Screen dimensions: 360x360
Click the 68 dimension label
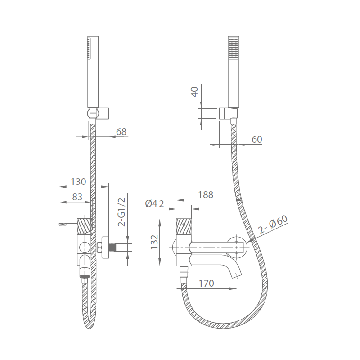(x=121, y=131)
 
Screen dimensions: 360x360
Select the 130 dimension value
(x=78, y=181)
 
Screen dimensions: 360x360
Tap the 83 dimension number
(x=77, y=197)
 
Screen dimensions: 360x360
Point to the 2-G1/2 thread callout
(x=121, y=212)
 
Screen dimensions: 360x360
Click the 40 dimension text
(x=195, y=92)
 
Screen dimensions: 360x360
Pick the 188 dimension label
(x=206, y=195)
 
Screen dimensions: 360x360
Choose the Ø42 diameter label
(x=154, y=203)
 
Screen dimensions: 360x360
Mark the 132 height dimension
(x=154, y=242)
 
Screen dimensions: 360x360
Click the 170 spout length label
(x=206, y=283)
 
